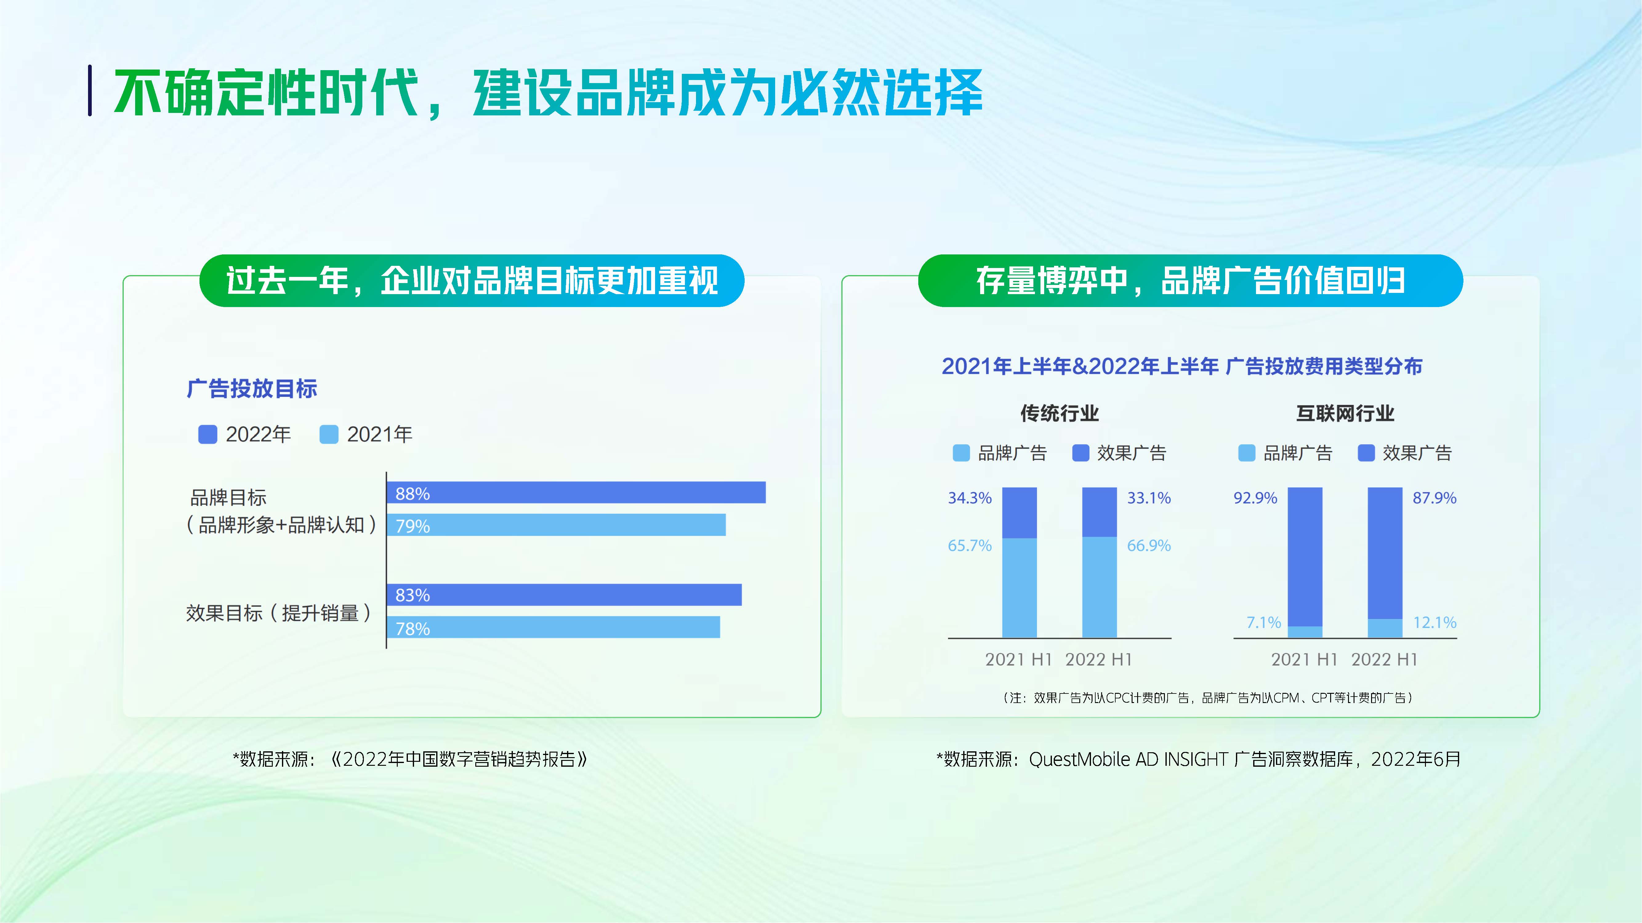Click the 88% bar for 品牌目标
coord(576,492)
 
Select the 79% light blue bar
coord(556,525)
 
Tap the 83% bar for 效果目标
coord(563,594)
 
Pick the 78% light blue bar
coord(553,627)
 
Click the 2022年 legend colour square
coord(208,434)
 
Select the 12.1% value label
coord(1434,622)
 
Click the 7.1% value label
coord(1263,622)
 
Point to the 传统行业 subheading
coord(1059,414)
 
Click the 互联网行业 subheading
coord(1345,414)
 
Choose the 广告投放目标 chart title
coord(252,389)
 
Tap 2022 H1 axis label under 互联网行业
coord(1384,659)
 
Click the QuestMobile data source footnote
coord(1198,759)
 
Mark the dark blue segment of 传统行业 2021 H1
coord(1019,513)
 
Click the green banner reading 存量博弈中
coord(1190,281)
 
